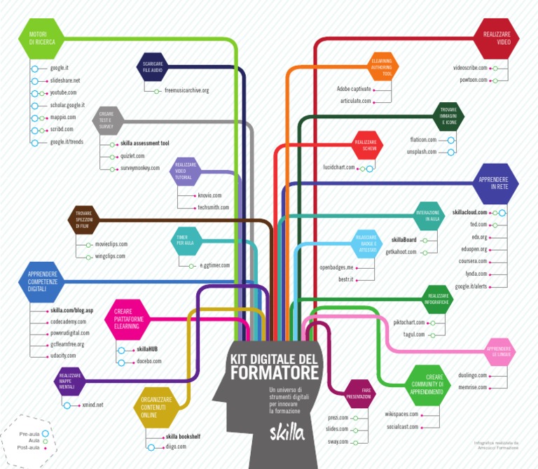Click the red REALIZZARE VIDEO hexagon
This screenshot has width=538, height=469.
(x=497, y=38)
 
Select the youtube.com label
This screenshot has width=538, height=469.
(x=63, y=92)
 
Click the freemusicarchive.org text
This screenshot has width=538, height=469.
(x=186, y=90)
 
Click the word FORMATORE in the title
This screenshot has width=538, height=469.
(x=274, y=371)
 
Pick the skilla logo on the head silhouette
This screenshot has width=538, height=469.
(x=288, y=433)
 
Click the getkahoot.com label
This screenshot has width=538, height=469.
(x=401, y=252)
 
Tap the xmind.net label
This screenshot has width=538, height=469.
(x=92, y=405)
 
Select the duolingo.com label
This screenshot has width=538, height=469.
(x=472, y=375)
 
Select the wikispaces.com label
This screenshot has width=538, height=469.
(x=401, y=414)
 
